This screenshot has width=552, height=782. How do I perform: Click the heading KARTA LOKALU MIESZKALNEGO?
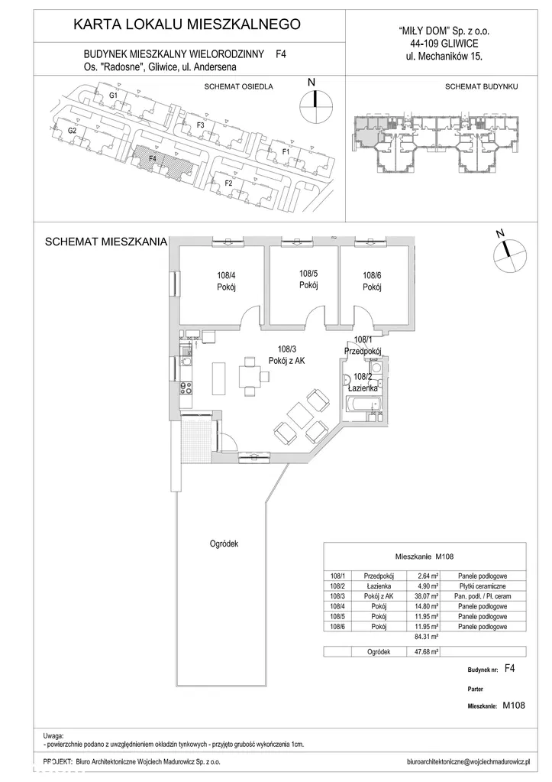click(x=187, y=24)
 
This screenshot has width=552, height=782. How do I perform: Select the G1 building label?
click(x=113, y=95)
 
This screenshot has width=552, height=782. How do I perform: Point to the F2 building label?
click(x=229, y=183)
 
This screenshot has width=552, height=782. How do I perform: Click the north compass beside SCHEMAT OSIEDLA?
click(x=315, y=105)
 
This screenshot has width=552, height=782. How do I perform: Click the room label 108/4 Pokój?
click(x=226, y=281)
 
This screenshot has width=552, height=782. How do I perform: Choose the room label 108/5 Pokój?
click(x=308, y=279)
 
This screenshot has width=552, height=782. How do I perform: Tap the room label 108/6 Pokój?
click(x=372, y=281)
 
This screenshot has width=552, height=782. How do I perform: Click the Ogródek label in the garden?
click(x=224, y=544)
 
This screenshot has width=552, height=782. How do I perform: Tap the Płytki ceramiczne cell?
click(x=482, y=586)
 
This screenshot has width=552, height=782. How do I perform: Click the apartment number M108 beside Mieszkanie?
click(x=514, y=706)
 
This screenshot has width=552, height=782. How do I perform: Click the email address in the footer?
click(x=468, y=762)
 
